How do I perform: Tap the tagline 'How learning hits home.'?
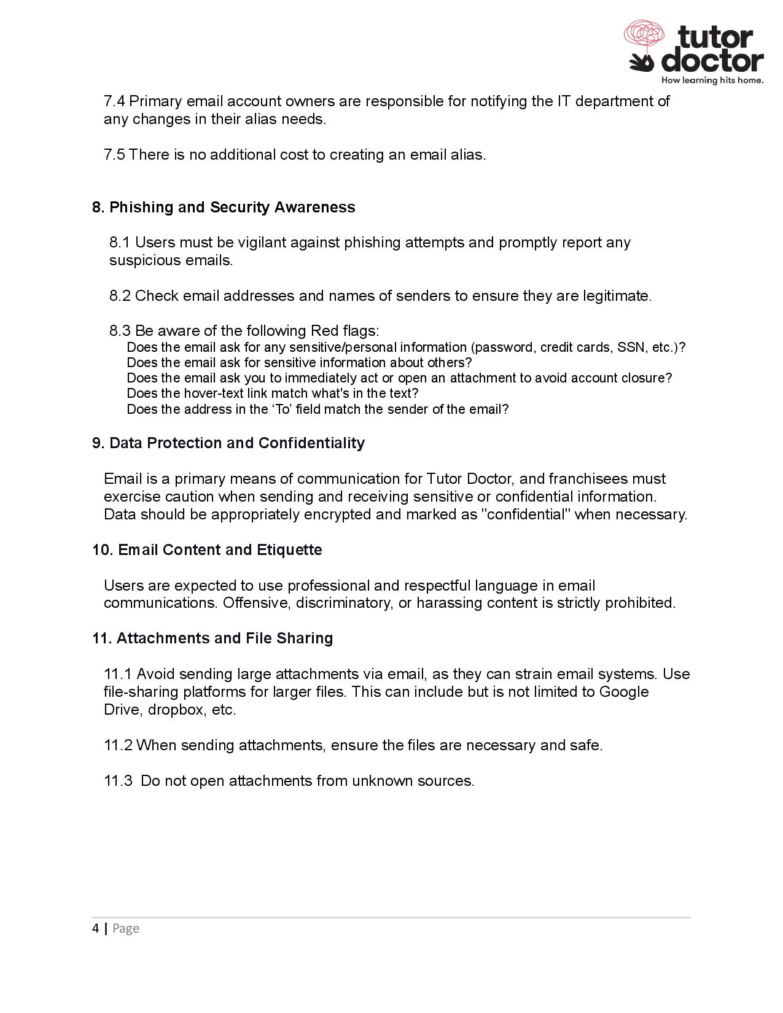point(712,80)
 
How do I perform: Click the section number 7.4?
point(114,101)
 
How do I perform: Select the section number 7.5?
point(114,155)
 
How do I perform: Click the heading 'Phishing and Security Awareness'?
point(232,208)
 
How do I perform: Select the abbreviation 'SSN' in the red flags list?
point(629,347)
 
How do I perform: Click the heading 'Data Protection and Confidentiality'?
point(236,443)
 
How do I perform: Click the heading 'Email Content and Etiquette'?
point(220,550)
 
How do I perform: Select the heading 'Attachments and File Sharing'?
point(224,638)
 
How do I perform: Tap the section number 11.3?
point(118,781)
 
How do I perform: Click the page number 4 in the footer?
point(95,928)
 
